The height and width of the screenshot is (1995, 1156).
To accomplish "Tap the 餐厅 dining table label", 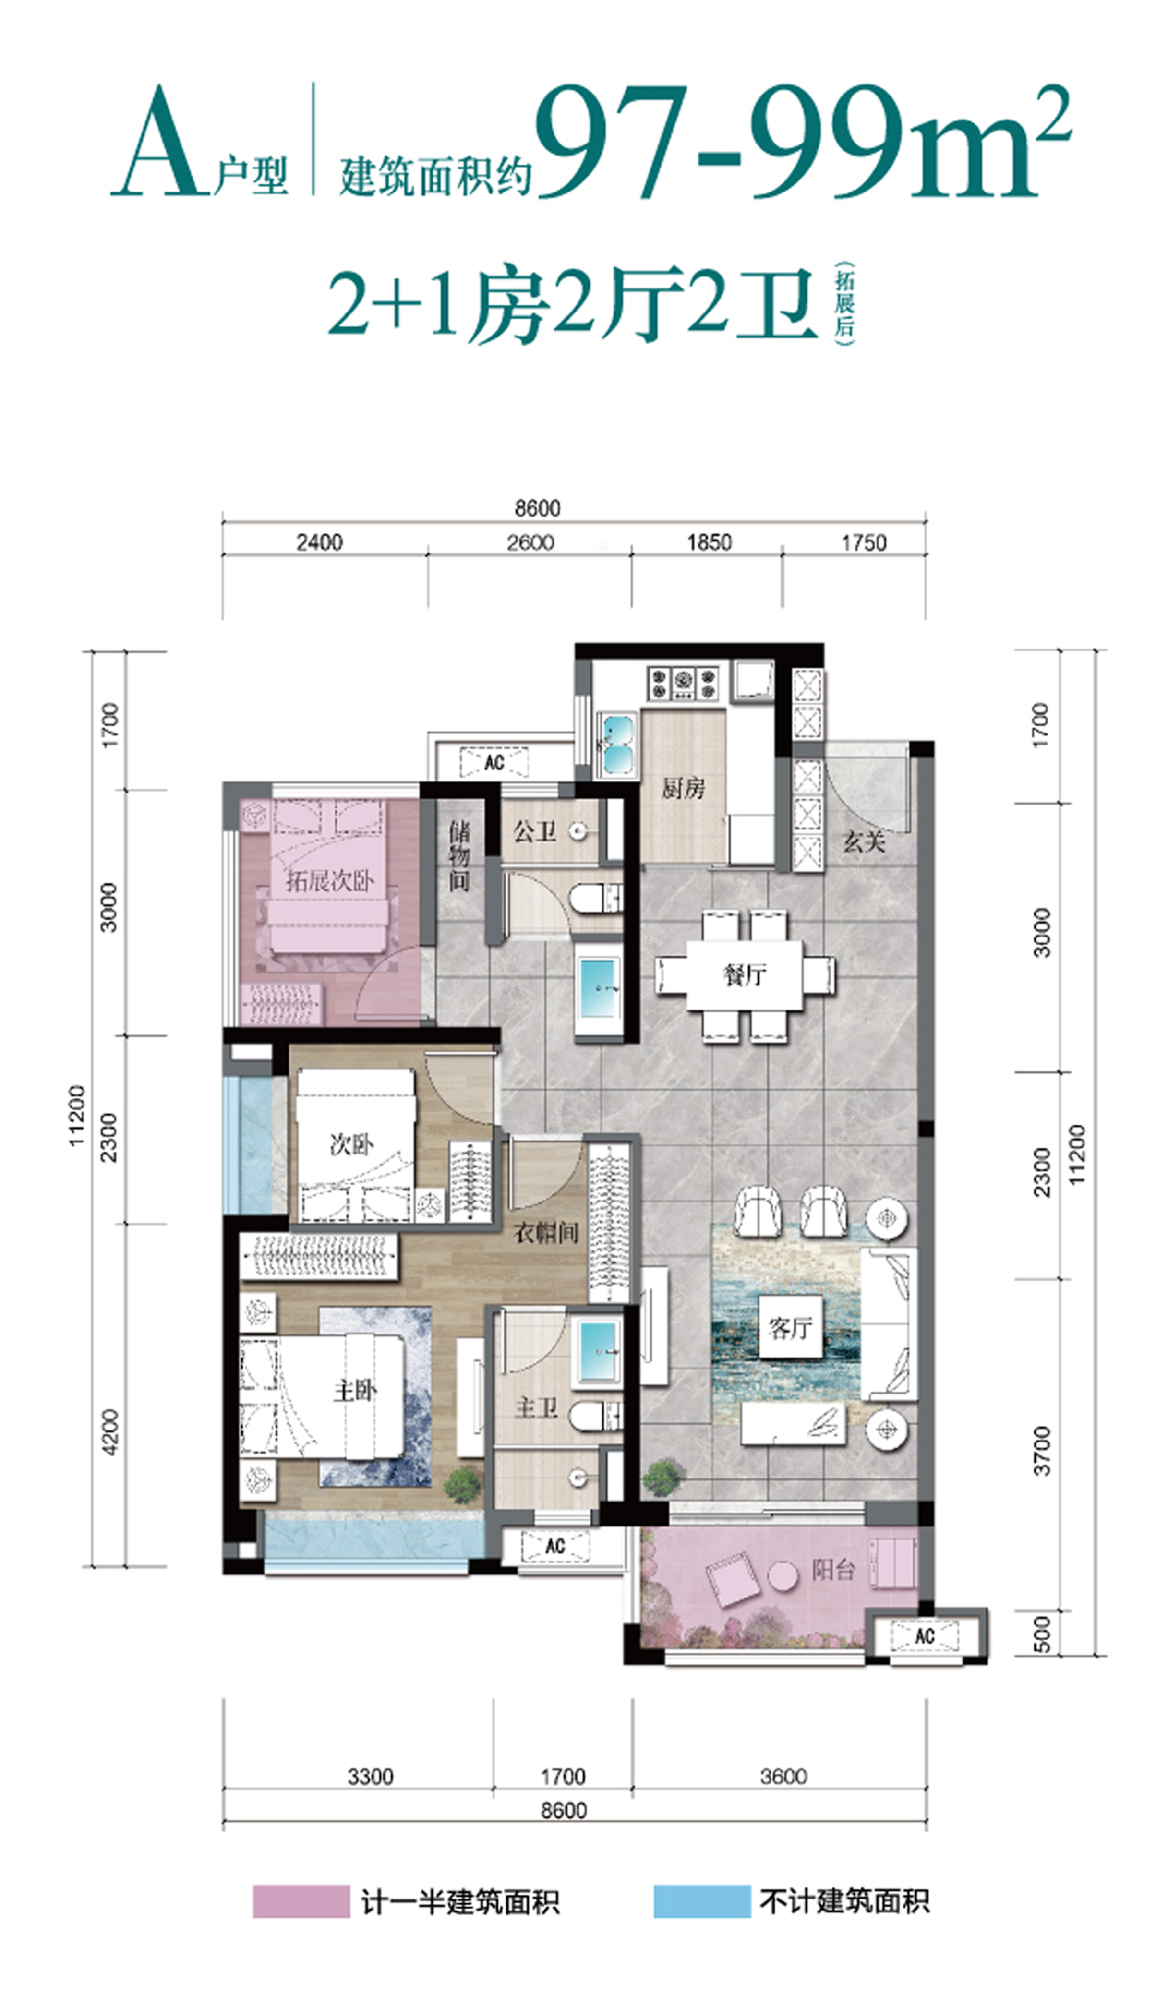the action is (744, 974).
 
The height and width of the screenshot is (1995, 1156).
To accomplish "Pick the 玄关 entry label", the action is (863, 841).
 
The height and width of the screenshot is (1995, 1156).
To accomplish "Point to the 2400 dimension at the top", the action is (319, 542).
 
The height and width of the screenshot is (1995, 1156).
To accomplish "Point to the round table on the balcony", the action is (783, 1576).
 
